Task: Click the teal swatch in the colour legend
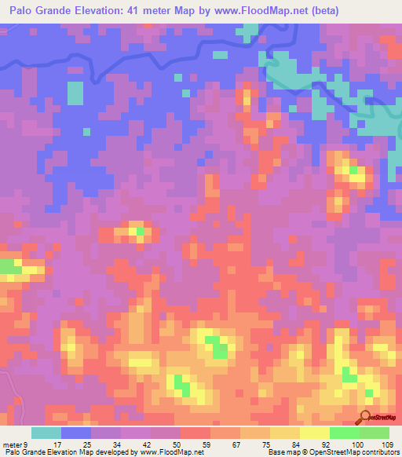coord(46,432)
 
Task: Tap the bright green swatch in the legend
coord(344,432)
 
